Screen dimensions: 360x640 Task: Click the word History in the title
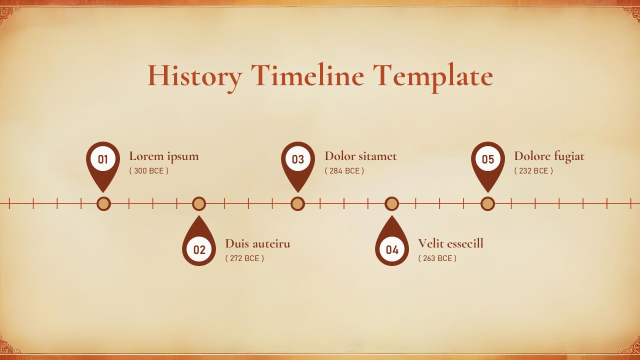[x=194, y=76]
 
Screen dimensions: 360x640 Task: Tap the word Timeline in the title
[x=307, y=76]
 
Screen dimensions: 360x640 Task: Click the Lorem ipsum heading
[x=164, y=156]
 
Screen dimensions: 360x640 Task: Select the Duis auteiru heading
[x=257, y=243]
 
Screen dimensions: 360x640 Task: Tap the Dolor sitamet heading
[x=360, y=156]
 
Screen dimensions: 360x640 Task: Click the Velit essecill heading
[x=450, y=243]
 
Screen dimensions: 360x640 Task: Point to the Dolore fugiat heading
[x=549, y=156]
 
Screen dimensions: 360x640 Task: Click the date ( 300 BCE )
[x=149, y=170]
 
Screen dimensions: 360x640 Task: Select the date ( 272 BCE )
[x=244, y=258]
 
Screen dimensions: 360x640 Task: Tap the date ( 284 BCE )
[x=344, y=170]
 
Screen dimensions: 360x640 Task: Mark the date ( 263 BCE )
[x=437, y=258]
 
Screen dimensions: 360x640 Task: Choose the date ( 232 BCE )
[x=533, y=170]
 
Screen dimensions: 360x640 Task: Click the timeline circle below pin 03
[x=297, y=203]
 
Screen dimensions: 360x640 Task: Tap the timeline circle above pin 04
[x=392, y=203]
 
